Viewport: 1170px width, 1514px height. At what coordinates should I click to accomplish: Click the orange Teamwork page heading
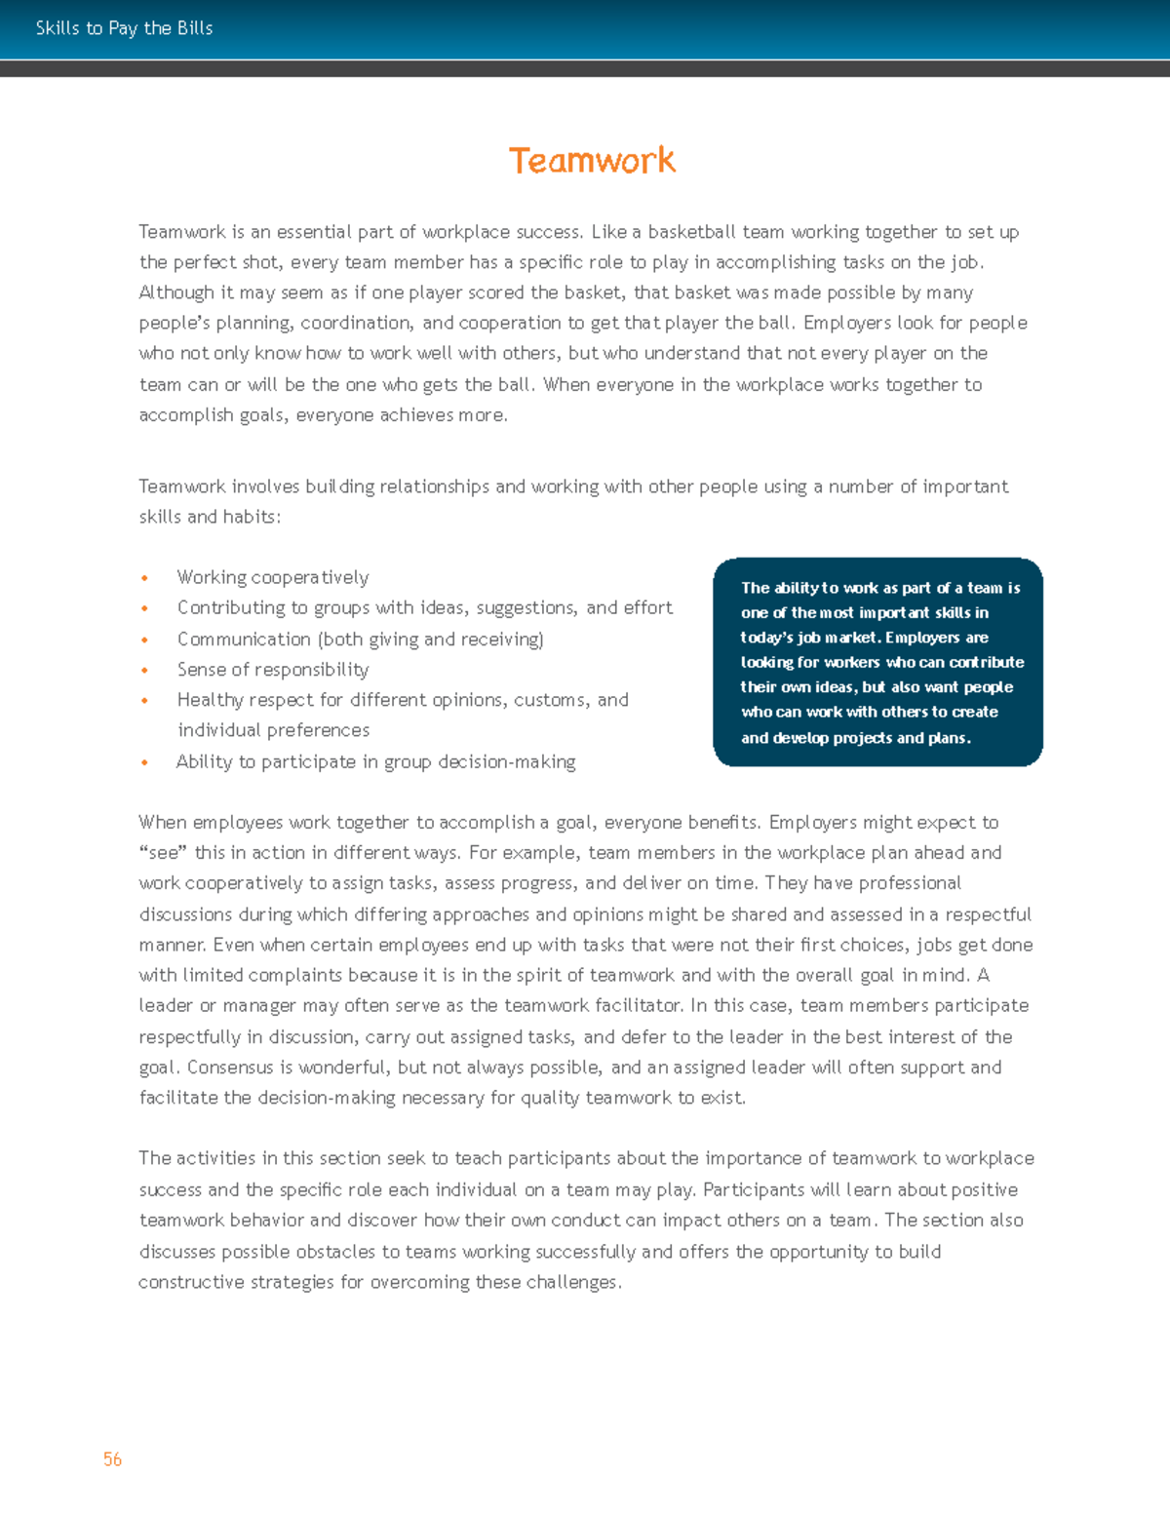pyautogui.click(x=592, y=161)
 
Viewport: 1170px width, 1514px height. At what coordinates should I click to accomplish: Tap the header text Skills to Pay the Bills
pyautogui.click(x=124, y=28)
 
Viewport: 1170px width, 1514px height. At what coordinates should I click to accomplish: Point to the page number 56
pyautogui.click(x=112, y=1459)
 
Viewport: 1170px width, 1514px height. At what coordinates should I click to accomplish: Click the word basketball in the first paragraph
pyautogui.click(x=691, y=232)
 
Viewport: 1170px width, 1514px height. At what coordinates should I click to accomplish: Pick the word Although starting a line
pyautogui.click(x=175, y=292)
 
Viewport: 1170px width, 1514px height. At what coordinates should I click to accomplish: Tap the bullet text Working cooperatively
pyautogui.click(x=273, y=577)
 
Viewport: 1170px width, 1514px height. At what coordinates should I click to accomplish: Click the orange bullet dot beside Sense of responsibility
pyautogui.click(x=145, y=670)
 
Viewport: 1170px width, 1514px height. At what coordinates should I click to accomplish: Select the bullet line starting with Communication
pyautogui.click(x=360, y=640)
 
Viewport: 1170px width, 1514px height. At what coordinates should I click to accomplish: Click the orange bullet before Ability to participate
pyautogui.click(x=145, y=762)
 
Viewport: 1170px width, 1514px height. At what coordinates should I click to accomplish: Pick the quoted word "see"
pyautogui.click(x=163, y=853)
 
